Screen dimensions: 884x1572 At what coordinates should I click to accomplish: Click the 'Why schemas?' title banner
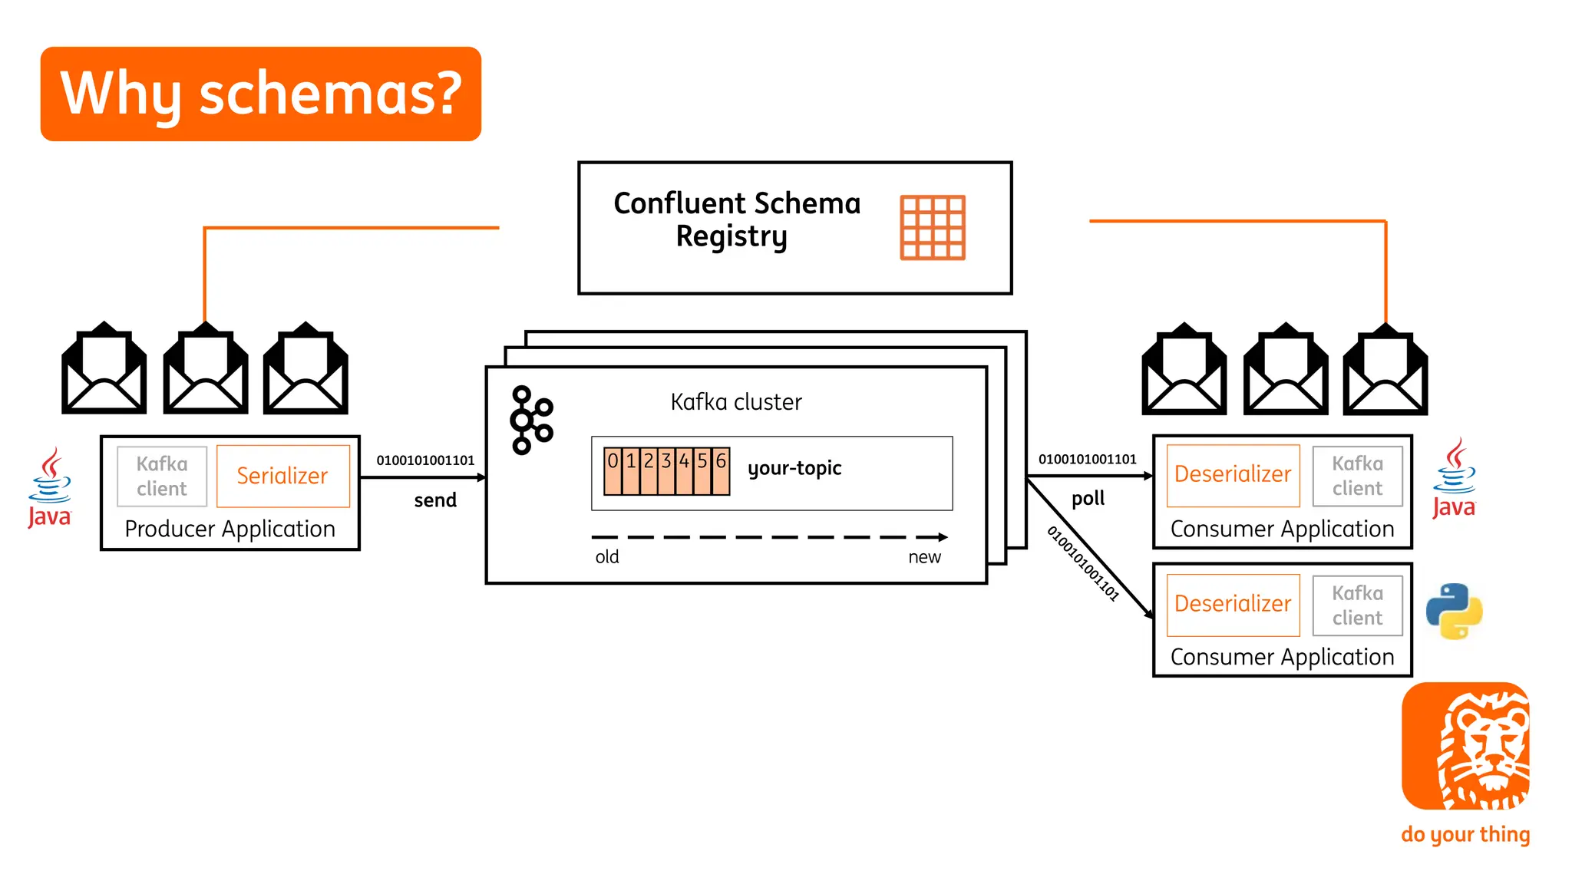(261, 94)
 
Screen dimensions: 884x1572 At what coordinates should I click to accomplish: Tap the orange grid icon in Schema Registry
(932, 228)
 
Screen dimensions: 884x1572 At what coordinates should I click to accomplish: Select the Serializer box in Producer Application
(282, 476)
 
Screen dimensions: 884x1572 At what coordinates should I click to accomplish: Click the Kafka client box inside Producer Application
(162, 477)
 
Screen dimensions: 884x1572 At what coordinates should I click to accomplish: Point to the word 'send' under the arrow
(435, 500)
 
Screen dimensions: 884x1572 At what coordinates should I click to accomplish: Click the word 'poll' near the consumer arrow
(1088, 499)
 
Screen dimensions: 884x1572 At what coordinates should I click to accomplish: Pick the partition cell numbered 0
(613, 470)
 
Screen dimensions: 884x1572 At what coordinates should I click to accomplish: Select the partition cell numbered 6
(721, 470)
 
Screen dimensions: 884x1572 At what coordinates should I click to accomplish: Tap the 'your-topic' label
(794, 468)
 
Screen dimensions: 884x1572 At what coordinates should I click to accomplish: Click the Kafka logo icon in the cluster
(531, 420)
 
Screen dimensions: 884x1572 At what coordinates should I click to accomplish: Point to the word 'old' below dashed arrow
(607, 557)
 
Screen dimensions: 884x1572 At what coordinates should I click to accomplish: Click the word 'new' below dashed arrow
(924, 557)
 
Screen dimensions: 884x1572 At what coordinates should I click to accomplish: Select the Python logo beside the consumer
(1454, 612)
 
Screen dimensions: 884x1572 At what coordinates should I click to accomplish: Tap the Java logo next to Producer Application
(50, 488)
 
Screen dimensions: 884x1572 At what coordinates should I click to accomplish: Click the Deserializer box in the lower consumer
(1233, 605)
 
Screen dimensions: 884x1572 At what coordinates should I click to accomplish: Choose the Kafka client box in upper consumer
(1357, 476)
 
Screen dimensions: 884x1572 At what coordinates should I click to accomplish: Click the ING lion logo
(1465, 746)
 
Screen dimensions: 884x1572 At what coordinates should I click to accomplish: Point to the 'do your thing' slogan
(1465, 834)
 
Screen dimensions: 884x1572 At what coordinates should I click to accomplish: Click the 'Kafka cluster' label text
(736, 402)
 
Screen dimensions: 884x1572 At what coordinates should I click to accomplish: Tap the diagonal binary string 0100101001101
(1083, 563)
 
